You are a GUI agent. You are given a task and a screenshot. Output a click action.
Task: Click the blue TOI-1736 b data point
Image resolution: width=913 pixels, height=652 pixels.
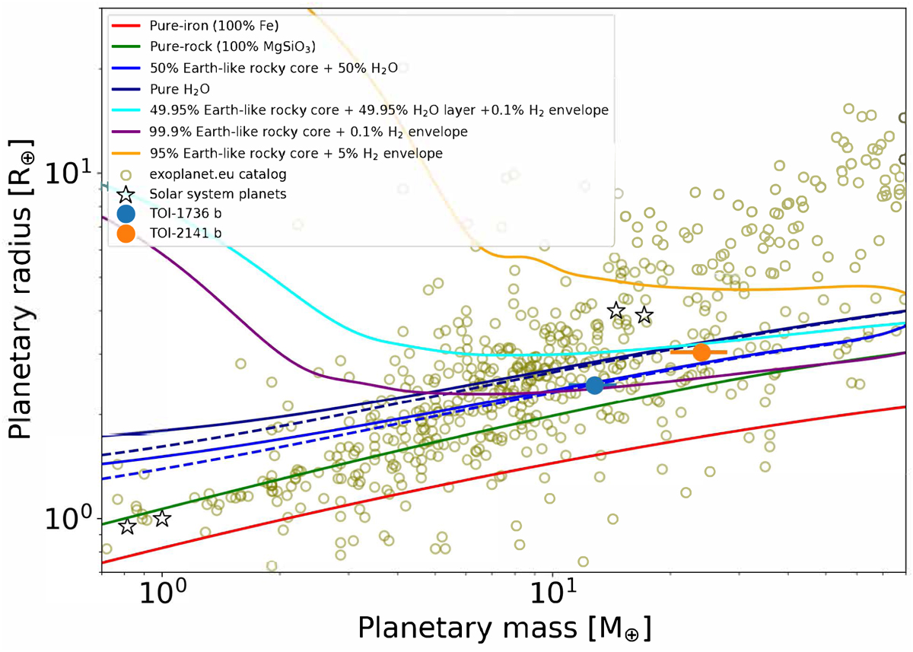click(x=595, y=385)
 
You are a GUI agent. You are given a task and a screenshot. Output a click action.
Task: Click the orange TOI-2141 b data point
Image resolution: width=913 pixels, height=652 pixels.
click(x=701, y=352)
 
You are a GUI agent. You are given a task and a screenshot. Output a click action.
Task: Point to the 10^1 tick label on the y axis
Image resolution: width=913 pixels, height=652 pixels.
click(x=73, y=173)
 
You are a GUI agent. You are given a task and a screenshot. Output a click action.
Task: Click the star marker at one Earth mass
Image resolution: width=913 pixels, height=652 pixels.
click(x=162, y=519)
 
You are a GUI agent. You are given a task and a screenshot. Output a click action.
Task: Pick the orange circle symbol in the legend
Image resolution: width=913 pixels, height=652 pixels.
click(x=126, y=234)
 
